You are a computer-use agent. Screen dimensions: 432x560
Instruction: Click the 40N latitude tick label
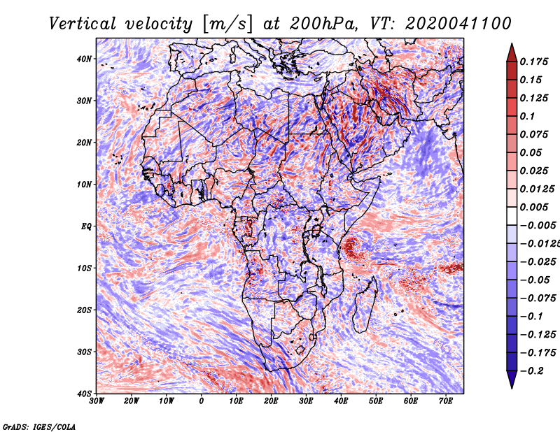(x=83, y=59)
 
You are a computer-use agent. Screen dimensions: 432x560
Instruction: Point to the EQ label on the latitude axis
(x=85, y=226)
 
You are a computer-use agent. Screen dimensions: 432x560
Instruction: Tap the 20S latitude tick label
(x=83, y=310)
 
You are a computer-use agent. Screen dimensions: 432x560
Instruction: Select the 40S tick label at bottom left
(x=83, y=394)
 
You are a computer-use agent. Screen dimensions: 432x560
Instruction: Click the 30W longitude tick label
(x=97, y=401)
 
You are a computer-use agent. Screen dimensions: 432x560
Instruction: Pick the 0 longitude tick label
(x=202, y=401)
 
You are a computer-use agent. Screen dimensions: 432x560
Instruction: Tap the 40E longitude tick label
(x=341, y=401)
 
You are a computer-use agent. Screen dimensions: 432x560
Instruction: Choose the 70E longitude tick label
(x=446, y=401)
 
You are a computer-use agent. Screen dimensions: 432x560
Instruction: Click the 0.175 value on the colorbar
(x=533, y=62)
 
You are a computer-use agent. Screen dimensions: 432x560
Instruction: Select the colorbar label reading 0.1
(x=528, y=116)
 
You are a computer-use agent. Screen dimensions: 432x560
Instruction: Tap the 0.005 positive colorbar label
(x=533, y=207)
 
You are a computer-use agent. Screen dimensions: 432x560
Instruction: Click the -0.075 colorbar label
(x=536, y=298)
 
